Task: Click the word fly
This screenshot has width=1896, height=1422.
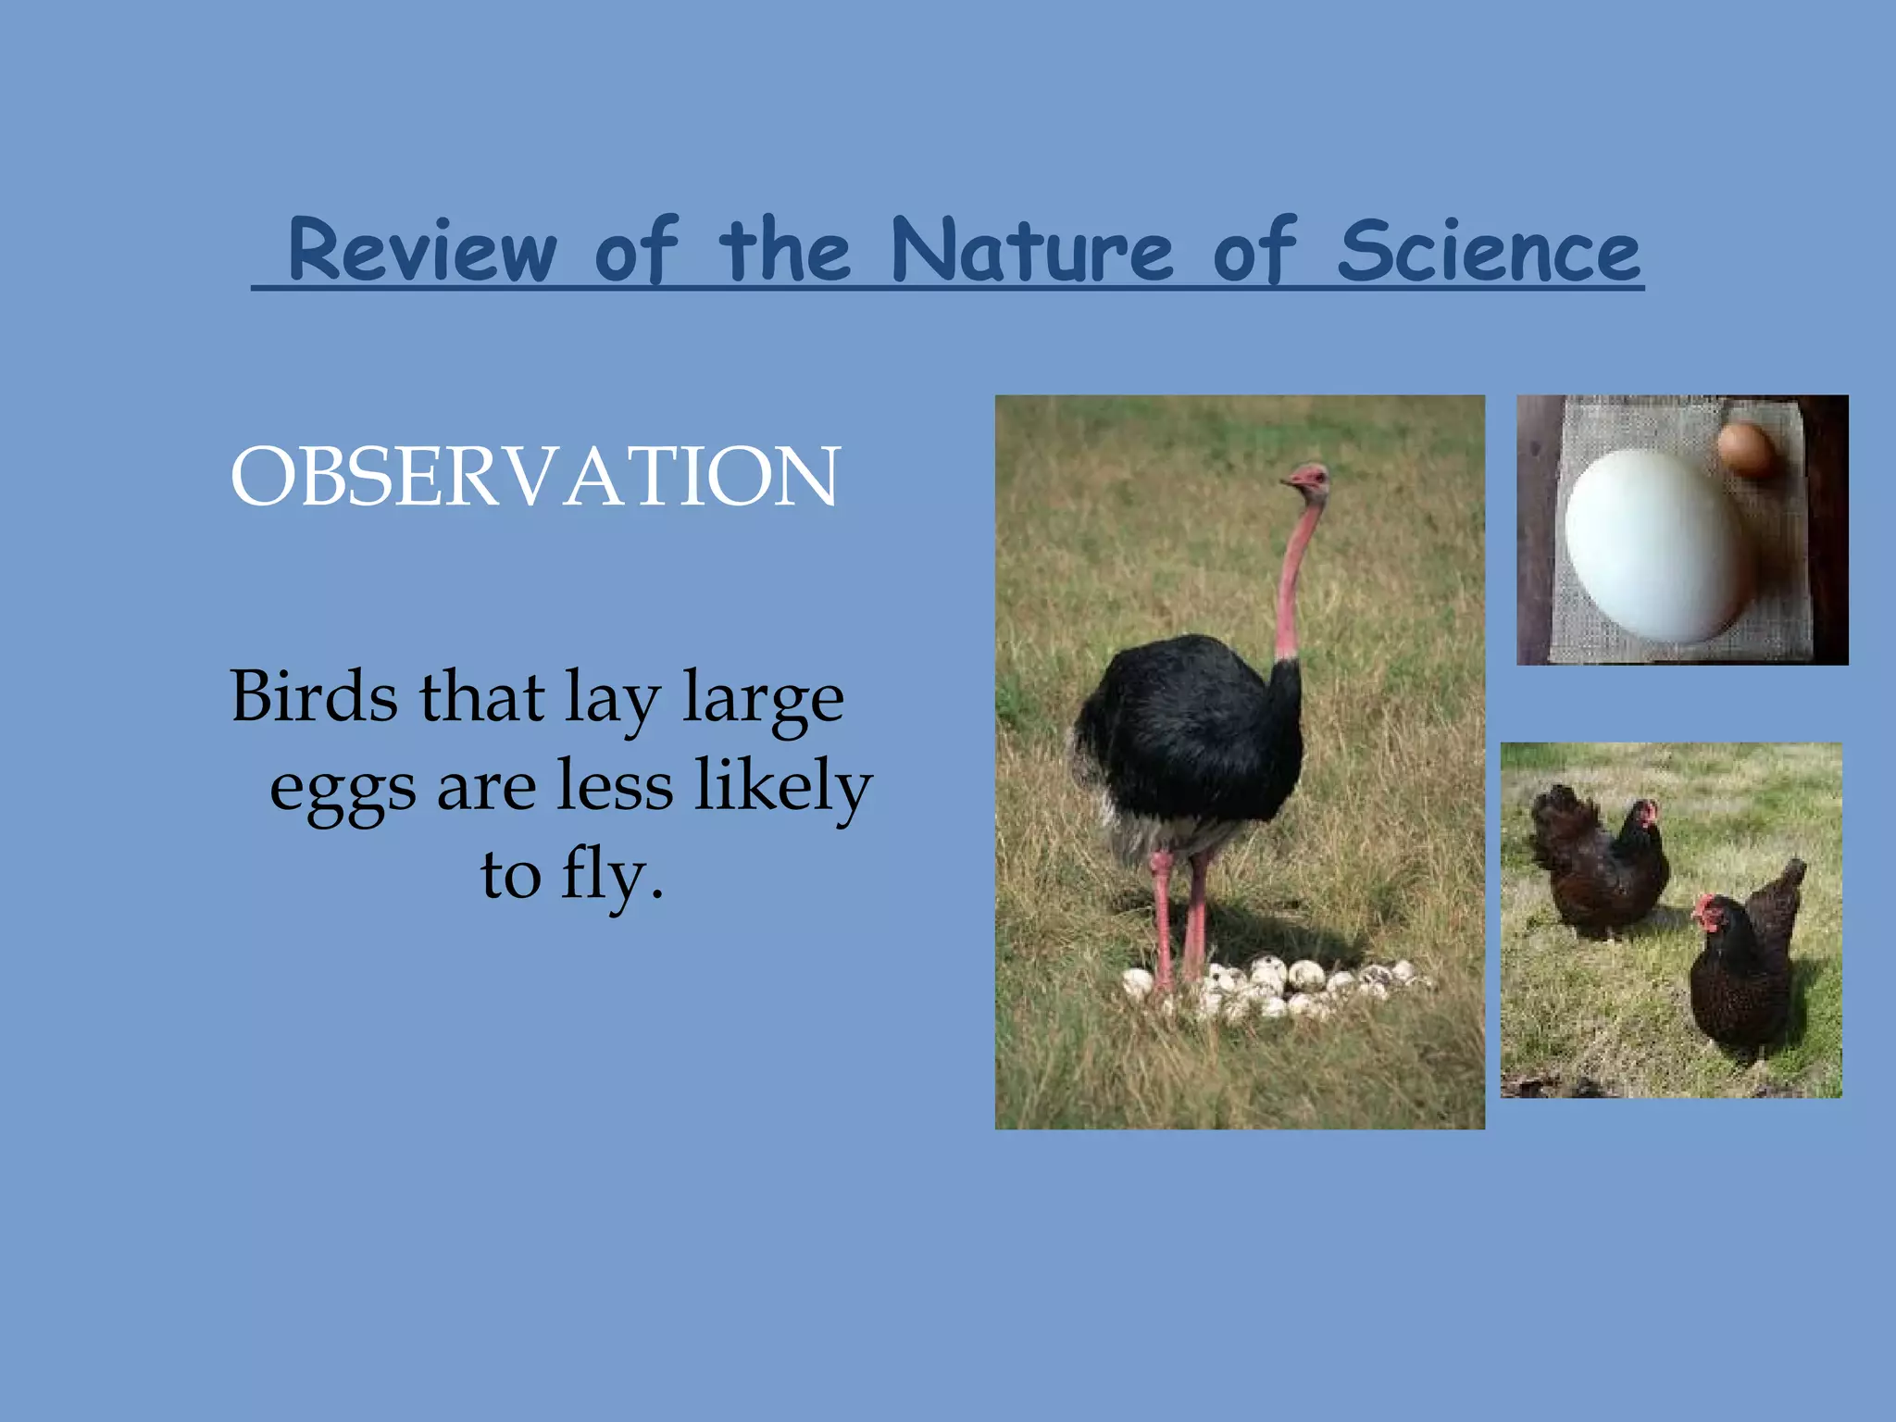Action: pyautogui.click(x=611, y=874)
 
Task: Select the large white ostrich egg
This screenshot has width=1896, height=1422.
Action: pyautogui.click(x=1657, y=546)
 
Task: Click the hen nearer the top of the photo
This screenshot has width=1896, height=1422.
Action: pyautogui.click(x=1602, y=861)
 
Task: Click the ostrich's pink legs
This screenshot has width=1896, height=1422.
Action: pyautogui.click(x=1176, y=917)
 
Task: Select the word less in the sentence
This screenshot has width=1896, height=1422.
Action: pyautogui.click(x=615, y=785)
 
